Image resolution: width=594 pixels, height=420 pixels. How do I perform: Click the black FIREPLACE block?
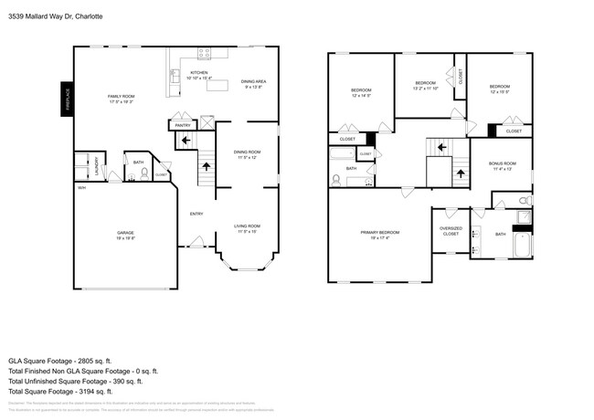pyautogui.click(x=67, y=100)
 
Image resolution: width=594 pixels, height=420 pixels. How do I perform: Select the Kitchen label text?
pyautogui.click(x=198, y=73)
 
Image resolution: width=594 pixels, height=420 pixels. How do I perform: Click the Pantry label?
pyautogui.click(x=183, y=125)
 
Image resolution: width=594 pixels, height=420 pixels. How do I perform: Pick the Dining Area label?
pyautogui.click(x=254, y=82)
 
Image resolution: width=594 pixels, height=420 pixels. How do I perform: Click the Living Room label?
pyautogui.click(x=247, y=226)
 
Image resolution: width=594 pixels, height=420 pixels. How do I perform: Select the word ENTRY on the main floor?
pyautogui.click(x=196, y=215)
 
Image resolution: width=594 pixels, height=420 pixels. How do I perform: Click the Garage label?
pyautogui.click(x=125, y=234)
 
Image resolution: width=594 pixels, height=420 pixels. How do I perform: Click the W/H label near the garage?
pyautogui.click(x=81, y=188)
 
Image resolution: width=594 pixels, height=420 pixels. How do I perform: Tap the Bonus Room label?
pyautogui.click(x=503, y=164)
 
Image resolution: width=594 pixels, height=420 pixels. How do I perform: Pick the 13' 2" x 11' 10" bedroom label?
pyautogui.click(x=426, y=86)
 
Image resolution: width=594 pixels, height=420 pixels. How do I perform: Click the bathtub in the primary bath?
pyautogui.click(x=523, y=247)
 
